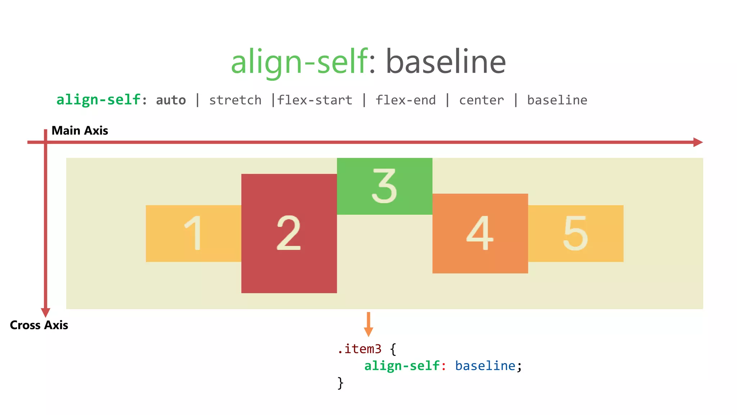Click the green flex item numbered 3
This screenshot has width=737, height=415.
pos(384,186)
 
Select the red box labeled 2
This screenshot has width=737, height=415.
pos(289,233)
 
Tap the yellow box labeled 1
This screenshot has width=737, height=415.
pos(194,233)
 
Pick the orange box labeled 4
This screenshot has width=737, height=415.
pos(480,233)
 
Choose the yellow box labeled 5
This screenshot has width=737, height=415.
pos(575,233)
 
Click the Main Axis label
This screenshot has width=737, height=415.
pos(80,130)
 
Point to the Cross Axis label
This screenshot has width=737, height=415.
pos(39,325)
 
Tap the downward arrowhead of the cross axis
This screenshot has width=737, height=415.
pos(46,312)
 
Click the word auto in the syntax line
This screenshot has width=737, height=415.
pos(171,100)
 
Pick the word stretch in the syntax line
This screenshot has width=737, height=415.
pos(235,100)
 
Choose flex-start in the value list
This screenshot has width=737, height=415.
pos(315,100)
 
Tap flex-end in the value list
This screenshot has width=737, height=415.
pos(406,100)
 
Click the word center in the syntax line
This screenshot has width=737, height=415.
pos(481,100)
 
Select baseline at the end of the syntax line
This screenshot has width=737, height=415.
pos(557,100)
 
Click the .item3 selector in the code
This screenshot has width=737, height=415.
pos(359,349)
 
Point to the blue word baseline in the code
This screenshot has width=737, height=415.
pos(485,366)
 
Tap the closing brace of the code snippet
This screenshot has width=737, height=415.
pos(340,383)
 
